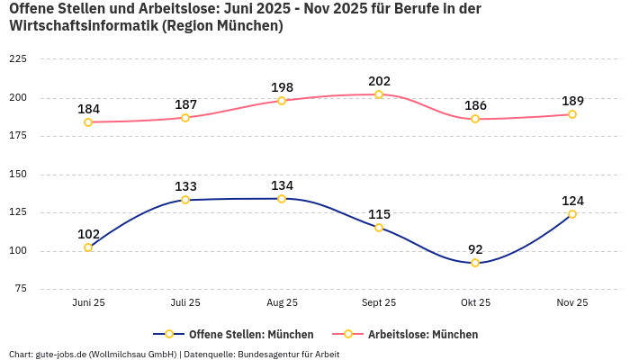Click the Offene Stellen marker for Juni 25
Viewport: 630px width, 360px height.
(x=88, y=247)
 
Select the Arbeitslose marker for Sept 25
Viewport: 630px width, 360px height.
(x=379, y=94)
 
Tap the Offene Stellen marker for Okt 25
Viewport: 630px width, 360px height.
(x=475, y=263)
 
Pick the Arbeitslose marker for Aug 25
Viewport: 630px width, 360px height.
(x=282, y=101)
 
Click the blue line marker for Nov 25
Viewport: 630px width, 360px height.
(x=572, y=214)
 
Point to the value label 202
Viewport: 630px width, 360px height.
(x=379, y=81)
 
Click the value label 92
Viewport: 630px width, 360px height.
(x=475, y=249)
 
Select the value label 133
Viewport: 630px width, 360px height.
(x=185, y=186)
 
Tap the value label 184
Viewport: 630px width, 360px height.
(x=88, y=109)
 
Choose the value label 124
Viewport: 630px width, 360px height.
(x=572, y=201)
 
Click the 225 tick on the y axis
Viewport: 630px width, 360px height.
(x=17, y=59)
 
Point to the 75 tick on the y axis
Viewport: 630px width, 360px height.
(x=20, y=289)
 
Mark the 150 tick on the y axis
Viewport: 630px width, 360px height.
(x=17, y=174)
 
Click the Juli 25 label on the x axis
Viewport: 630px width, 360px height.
(x=185, y=303)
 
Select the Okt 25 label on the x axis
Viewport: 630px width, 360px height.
(x=475, y=303)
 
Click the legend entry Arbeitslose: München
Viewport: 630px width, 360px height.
(x=422, y=334)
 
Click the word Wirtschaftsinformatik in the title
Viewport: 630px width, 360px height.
(x=83, y=26)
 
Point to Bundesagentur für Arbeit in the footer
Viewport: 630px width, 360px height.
(x=288, y=354)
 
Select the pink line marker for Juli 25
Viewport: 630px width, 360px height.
(x=185, y=118)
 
